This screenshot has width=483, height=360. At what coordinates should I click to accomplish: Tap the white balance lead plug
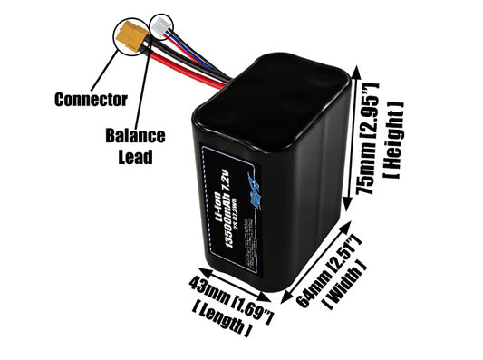tap(160, 29)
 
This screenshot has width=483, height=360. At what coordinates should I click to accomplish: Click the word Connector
tap(91, 98)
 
